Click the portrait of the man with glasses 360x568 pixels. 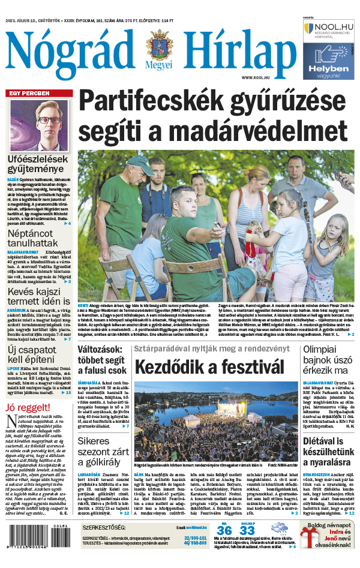click(x=40, y=125)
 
